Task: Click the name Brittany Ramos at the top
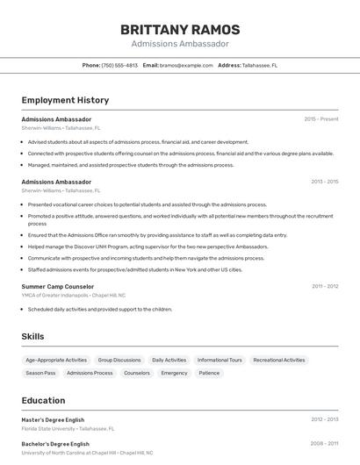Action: [180, 29]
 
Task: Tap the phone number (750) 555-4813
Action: [119, 65]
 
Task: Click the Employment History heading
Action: [65, 100]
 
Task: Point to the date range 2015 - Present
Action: [321, 118]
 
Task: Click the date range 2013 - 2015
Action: [325, 182]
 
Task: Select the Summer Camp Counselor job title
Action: [58, 286]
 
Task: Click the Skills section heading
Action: [32, 336]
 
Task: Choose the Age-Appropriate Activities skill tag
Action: [56, 360]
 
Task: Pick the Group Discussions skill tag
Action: [119, 360]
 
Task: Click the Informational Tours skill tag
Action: [220, 360]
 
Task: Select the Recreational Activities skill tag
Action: [279, 360]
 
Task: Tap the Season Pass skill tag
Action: [40, 373]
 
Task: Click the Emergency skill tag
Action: [174, 373]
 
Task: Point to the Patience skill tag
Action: [209, 373]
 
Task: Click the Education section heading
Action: [43, 399]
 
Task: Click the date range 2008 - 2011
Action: [325, 443]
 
